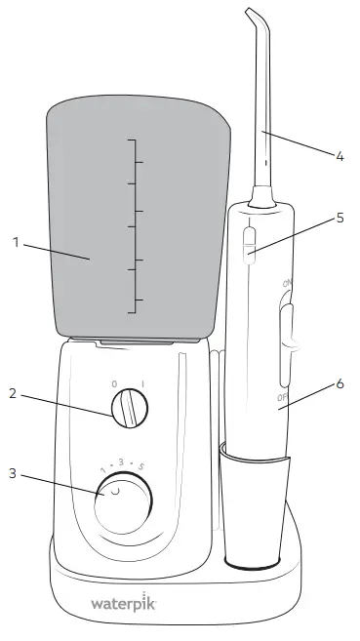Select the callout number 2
13,394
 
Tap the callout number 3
13,474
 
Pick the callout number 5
340,218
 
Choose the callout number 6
340,383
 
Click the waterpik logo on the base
124,604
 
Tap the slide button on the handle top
248,243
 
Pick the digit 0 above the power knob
114,383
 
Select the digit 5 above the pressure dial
141,467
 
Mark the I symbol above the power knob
143,383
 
